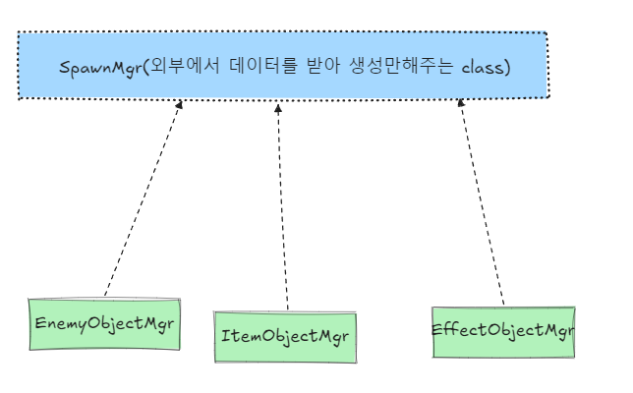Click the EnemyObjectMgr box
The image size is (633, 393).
(104, 324)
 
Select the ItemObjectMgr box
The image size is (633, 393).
(285, 337)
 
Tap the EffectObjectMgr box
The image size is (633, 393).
(502, 331)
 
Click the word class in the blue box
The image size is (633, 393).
(481, 68)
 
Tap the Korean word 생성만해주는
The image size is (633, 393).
(398, 68)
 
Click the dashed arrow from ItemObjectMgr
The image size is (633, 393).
(283, 206)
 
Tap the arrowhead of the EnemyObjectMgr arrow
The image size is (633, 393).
(179, 104)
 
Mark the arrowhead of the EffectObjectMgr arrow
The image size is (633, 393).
(460, 105)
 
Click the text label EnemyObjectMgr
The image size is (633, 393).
(104, 324)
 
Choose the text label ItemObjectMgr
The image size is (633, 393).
(285, 337)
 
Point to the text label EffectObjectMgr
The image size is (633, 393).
(502, 329)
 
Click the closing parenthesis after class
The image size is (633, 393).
(505, 68)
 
